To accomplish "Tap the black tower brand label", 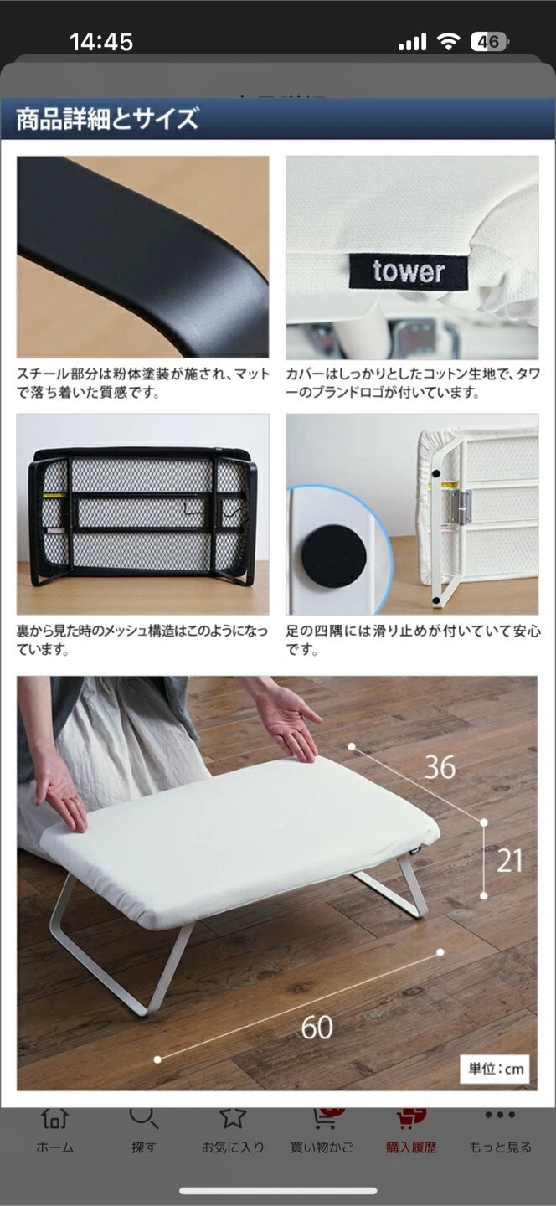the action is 408,271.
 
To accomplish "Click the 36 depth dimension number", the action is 440,766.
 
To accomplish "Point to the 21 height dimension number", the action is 509,860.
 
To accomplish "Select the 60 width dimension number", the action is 317,1028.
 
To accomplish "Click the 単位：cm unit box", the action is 495,1069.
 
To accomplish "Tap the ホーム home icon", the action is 54,1119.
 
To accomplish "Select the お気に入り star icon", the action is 233,1118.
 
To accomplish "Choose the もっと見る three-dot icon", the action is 500,1114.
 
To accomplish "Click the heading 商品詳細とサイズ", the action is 108,119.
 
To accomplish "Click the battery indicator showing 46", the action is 489,42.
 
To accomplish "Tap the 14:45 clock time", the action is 101,42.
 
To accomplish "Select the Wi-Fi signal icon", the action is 448,42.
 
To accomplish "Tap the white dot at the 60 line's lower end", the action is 157,1059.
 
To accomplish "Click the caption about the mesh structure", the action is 142,640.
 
